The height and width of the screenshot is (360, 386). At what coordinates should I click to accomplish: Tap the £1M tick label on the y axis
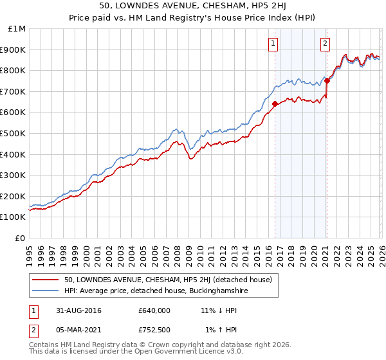[x=17, y=29]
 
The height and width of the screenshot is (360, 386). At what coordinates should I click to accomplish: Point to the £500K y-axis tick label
[x=14, y=133]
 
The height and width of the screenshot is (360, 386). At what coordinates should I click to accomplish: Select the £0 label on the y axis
[x=21, y=238]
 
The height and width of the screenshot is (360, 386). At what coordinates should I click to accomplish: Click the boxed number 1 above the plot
[x=273, y=44]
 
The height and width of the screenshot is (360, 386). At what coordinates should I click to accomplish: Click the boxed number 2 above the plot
[x=325, y=44]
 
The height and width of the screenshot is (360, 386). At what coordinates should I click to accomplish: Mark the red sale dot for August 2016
[x=275, y=104]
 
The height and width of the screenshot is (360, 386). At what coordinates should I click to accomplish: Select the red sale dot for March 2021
[x=326, y=80]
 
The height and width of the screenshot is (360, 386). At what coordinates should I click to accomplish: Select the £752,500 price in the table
[x=154, y=330]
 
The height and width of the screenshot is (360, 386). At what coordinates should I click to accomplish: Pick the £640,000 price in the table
[x=154, y=310]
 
